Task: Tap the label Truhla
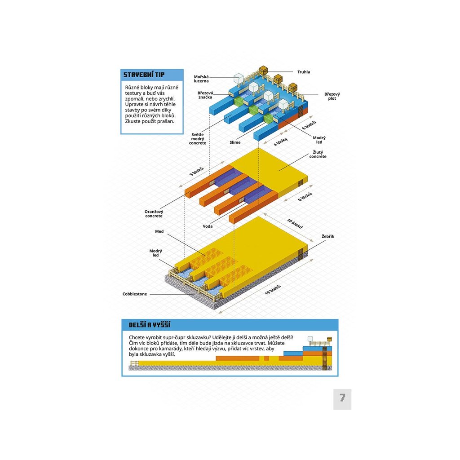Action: point(304,72)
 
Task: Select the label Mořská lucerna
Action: point(201,79)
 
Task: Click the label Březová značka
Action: point(205,96)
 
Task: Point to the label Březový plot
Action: point(332,96)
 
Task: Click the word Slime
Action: point(235,142)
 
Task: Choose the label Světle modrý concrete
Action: point(198,139)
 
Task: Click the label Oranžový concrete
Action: point(154,213)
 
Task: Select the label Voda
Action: point(208,226)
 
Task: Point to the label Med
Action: point(159,232)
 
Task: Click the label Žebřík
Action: point(328,236)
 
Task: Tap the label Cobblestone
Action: point(135,294)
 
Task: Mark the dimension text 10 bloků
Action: point(295,224)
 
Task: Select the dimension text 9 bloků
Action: point(196,172)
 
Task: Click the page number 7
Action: point(342,398)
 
